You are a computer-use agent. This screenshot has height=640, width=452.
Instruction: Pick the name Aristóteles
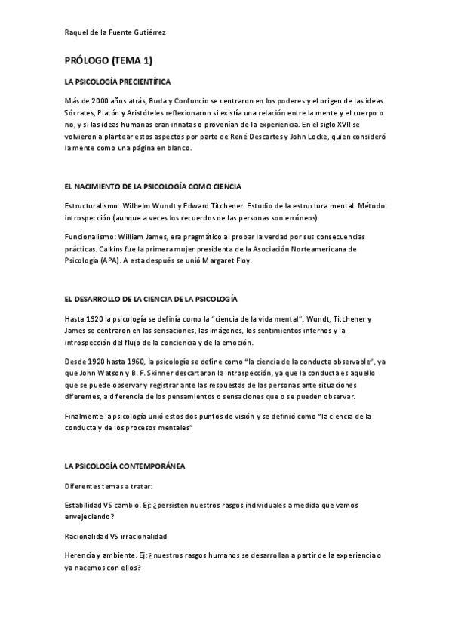pyautogui.click(x=146, y=112)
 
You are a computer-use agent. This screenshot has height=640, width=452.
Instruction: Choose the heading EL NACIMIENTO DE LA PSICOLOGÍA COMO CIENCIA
pyautogui.click(x=153, y=185)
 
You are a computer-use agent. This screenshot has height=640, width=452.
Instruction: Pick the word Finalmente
pyautogui.click(x=86, y=415)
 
